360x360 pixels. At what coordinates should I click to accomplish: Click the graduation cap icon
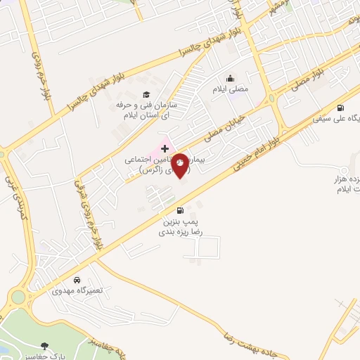[146, 94]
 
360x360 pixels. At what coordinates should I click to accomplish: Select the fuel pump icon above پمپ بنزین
[182, 210]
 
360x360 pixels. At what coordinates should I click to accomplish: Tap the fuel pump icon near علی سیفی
[341, 108]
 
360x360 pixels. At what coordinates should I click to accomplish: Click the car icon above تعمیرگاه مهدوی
[86, 279]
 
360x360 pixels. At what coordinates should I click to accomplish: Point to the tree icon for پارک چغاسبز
[46, 346]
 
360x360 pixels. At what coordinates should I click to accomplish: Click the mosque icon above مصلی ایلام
[230, 79]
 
